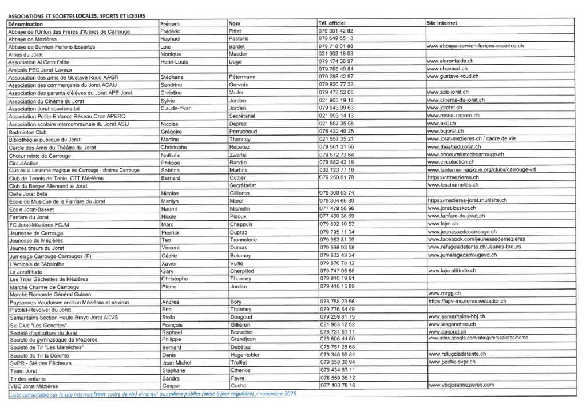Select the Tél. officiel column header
coord(332,23)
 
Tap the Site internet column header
coord(442,23)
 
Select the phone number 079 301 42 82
coord(336,31)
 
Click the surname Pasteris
coord(239,38)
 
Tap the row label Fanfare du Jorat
coord(29,217)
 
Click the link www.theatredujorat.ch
coord(456,146)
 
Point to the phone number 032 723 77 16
coord(336,170)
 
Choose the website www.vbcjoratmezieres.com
coord(460,386)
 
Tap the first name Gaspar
coord(172,386)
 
